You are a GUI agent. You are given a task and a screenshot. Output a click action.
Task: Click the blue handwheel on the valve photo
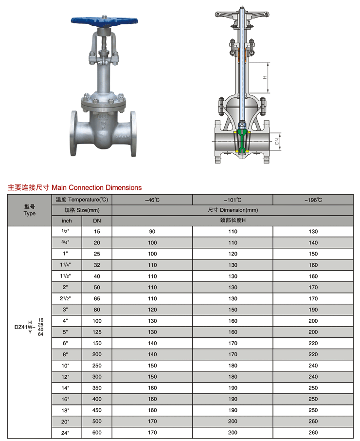pos(104,21)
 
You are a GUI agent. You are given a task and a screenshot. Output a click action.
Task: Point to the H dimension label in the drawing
pos(265,77)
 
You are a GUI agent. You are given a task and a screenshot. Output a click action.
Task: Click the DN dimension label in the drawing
pos(276,142)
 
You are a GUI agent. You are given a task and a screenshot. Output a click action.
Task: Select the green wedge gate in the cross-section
pos(242,142)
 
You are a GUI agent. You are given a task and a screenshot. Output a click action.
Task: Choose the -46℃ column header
pos(152,200)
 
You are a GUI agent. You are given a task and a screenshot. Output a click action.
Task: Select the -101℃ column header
pos(233,200)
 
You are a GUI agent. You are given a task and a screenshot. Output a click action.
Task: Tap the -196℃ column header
pos(313,200)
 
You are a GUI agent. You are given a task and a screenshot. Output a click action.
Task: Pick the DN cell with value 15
pos(97,232)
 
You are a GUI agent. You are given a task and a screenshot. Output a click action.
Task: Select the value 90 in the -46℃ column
pos(152,232)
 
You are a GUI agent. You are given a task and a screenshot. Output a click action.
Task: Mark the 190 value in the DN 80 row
pos(313,310)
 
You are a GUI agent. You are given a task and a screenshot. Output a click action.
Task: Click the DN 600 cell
pos(97,432)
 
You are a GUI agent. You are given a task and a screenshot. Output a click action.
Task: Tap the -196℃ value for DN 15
pos(313,232)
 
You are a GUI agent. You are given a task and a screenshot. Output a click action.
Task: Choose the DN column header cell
pos(97,220)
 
